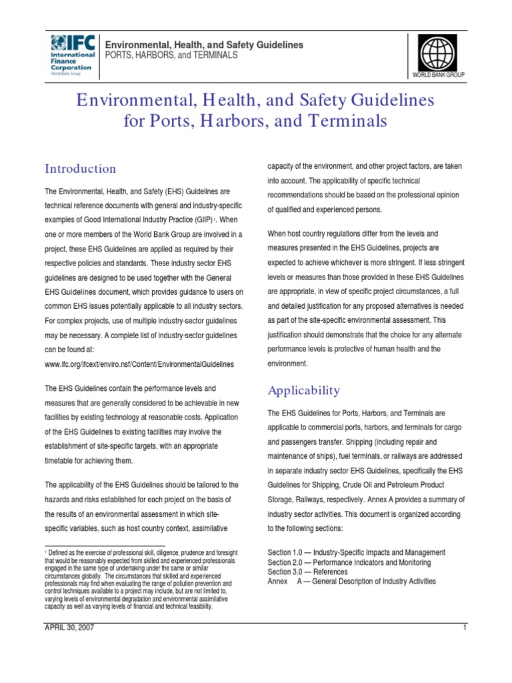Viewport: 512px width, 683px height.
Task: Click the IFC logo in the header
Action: [73, 49]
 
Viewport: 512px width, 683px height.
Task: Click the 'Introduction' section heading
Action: [80, 169]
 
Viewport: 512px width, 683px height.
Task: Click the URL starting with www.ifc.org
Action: [139, 364]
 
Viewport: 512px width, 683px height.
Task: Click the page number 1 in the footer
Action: [464, 628]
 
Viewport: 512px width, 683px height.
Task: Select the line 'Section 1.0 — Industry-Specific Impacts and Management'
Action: [356, 553]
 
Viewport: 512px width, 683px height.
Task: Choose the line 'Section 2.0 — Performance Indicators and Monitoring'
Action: [349, 562]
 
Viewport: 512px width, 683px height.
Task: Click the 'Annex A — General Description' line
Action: [351, 581]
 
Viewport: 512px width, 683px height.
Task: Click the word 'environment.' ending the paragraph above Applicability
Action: [287, 364]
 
